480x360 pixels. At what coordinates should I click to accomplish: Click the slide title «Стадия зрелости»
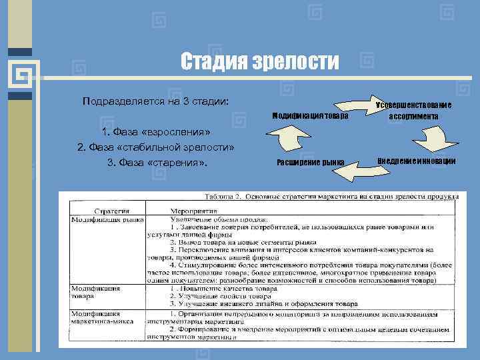tap(260, 62)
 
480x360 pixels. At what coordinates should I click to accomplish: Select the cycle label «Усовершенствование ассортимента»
tap(413, 111)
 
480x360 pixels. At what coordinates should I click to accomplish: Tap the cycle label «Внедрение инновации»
tap(416, 161)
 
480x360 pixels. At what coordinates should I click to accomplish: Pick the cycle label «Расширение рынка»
tap(310, 163)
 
